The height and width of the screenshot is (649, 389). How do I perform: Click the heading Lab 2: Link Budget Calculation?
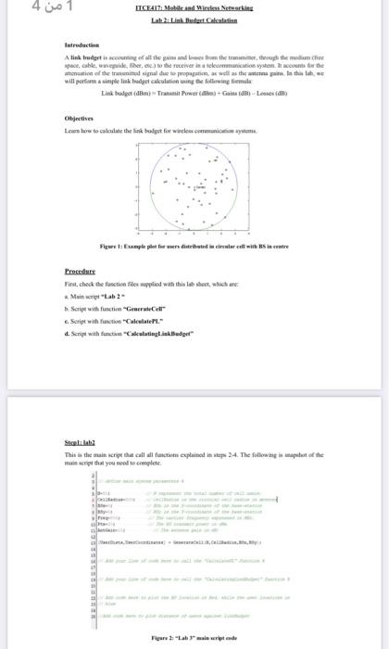point(194,20)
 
